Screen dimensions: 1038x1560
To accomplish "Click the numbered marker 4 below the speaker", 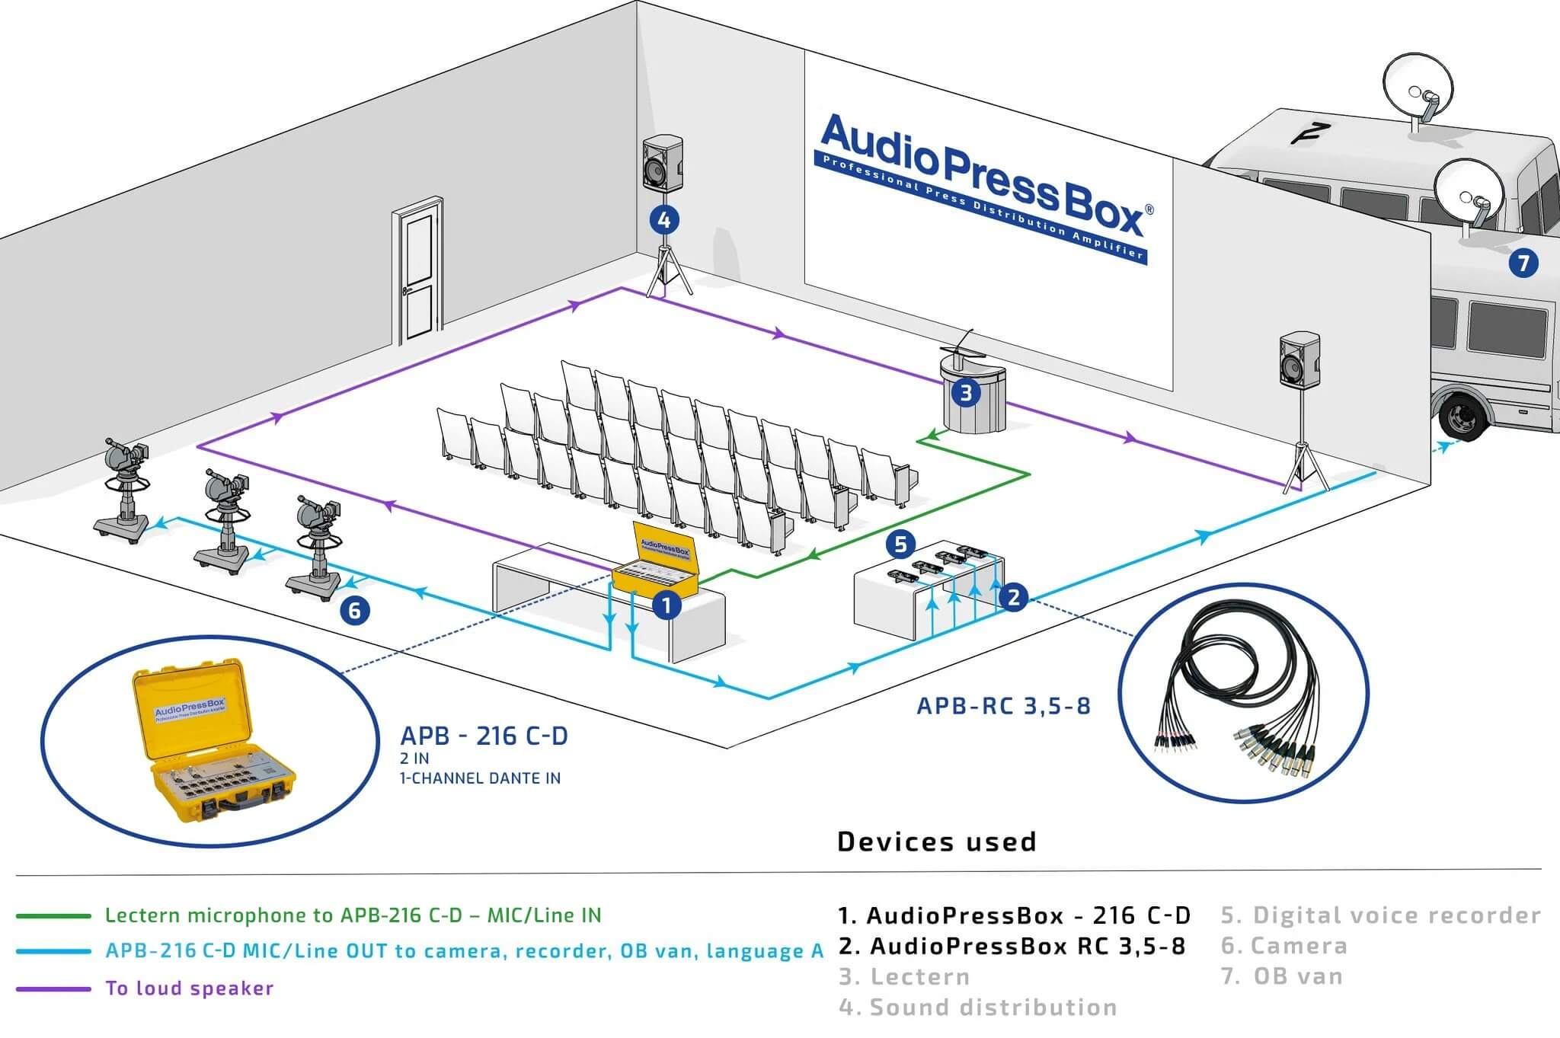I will (663, 220).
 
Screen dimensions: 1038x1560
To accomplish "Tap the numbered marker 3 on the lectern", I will (966, 393).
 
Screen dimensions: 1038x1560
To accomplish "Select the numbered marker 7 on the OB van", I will (1523, 263).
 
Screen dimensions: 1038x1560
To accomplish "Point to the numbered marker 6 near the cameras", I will (354, 610).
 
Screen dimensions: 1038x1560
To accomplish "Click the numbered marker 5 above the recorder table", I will (901, 545).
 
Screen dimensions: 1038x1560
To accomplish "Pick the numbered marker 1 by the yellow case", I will (667, 606).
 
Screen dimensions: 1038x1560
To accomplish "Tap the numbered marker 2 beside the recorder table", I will (1013, 597).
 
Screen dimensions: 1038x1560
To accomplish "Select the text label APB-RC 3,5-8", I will (1003, 706).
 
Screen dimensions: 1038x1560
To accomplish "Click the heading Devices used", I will (936, 842).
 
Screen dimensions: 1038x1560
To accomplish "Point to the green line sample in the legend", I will (53, 915).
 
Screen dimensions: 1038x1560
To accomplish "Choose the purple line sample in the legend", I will (53, 988).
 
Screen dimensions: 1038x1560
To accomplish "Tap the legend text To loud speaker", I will (189, 988).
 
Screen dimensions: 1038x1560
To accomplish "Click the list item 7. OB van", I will (1282, 976).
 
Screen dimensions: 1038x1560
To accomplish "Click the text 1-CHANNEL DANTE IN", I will (480, 778).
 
